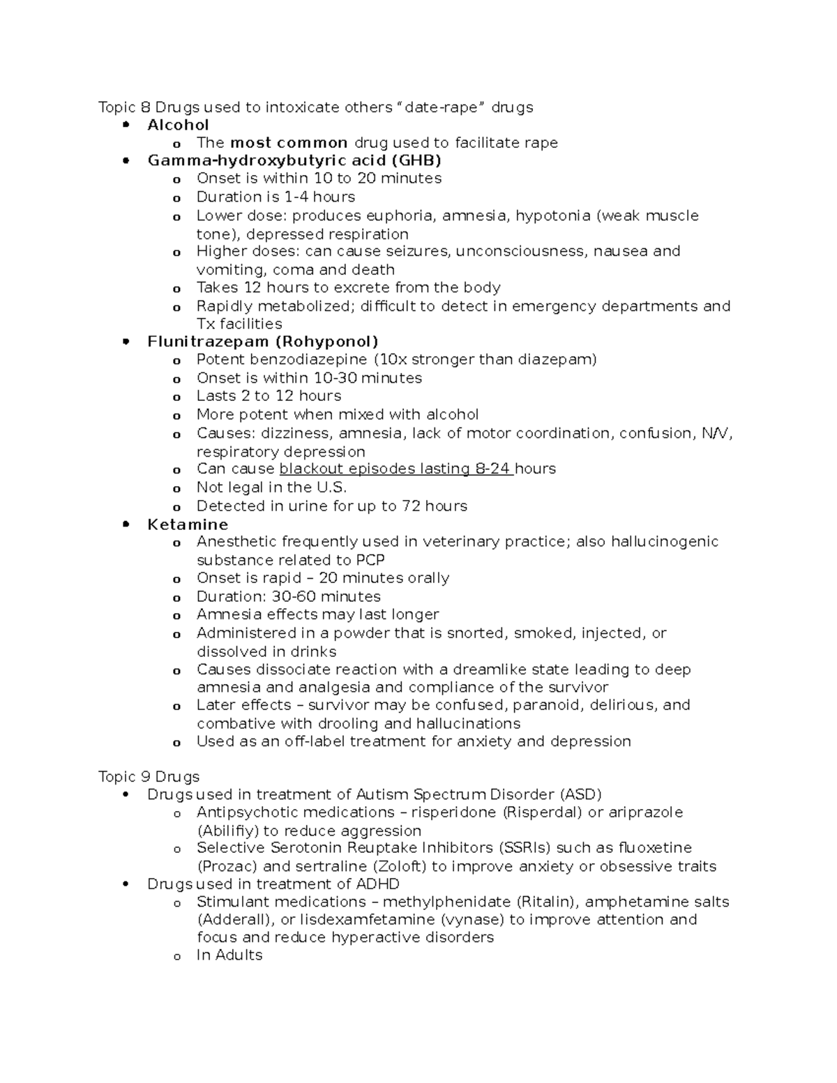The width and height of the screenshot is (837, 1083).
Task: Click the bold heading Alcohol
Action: pos(178,125)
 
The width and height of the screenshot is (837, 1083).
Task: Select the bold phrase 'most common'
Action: pos(289,143)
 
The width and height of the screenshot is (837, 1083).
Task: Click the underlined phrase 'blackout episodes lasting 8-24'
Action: pos(395,469)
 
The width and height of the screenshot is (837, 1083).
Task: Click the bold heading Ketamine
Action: pos(188,524)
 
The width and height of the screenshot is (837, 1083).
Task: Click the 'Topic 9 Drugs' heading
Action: pos(149,777)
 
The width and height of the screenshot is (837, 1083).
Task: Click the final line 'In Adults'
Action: pos(229,955)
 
